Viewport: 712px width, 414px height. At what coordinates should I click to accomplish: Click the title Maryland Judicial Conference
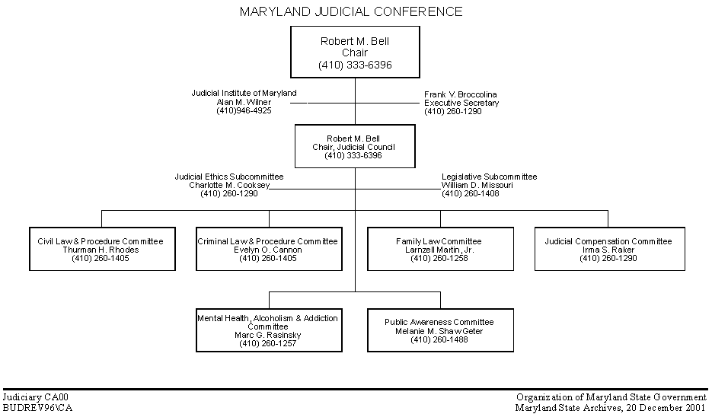351,11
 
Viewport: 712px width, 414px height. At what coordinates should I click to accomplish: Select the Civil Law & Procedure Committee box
102,249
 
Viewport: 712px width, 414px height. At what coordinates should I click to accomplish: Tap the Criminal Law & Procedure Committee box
269,249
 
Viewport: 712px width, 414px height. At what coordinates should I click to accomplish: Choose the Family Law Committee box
440,249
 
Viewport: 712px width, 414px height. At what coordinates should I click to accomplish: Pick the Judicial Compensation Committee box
610,249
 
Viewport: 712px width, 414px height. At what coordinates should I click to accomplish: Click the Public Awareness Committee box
440,330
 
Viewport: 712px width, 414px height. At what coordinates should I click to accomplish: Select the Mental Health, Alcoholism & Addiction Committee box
269,330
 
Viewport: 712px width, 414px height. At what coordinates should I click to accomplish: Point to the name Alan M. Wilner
244,102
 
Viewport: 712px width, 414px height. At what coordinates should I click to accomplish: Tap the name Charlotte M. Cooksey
229,185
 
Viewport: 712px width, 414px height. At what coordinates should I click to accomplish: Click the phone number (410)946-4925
244,111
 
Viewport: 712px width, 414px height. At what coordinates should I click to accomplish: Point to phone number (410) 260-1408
471,194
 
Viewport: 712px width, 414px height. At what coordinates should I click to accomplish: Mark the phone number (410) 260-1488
439,339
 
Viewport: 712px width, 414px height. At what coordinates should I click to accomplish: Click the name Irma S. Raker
608,250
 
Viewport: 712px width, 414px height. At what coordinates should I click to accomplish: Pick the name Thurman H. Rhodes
101,250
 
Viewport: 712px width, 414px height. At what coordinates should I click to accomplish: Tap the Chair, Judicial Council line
354,147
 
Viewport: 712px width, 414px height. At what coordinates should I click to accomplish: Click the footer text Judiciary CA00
36,398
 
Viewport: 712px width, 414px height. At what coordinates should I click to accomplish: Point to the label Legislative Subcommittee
490,177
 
